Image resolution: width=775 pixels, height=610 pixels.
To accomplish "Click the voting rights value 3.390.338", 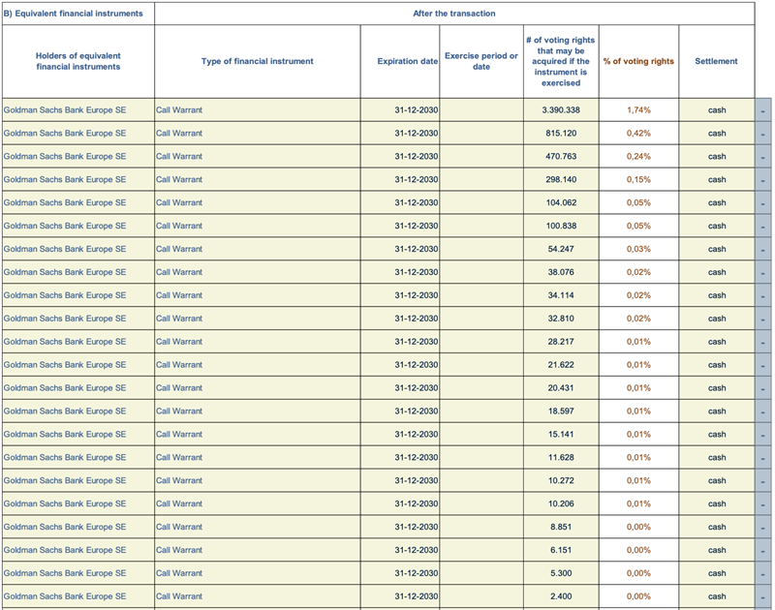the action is click(x=561, y=110).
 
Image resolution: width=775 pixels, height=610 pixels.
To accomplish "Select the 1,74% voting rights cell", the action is click(x=638, y=110).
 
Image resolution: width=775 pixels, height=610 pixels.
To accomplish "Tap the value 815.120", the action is click(x=561, y=134).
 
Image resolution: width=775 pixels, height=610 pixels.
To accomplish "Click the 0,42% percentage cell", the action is click(x=638, y=134).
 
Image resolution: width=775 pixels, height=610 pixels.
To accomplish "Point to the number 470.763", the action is click(x=561, y=157).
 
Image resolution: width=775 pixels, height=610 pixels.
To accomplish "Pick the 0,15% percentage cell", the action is click(x=638, y=180).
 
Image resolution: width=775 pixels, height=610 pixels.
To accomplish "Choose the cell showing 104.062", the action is click(x=561, y=203).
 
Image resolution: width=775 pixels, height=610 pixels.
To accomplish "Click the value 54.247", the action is click(x=561, y=249).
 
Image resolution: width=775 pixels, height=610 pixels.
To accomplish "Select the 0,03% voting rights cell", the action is click(x=638, y=249).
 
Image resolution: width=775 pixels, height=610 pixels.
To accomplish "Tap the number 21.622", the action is click(x=561, y=365).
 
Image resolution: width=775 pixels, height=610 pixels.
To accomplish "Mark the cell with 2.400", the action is click(x=561, y=596).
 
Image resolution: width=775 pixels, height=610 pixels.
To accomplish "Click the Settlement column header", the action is click(x=716, y=61).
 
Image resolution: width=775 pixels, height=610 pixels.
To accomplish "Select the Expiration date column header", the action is click(x=407, y=61).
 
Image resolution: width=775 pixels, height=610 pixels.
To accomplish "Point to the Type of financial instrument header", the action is click(x=257, y=61).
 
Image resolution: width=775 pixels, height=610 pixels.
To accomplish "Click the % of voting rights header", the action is click(x=638, y=61).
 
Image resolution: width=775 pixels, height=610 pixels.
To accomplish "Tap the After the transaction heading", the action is click(x=454, y=14).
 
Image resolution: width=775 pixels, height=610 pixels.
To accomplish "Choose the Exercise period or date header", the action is click(x=481, y=61).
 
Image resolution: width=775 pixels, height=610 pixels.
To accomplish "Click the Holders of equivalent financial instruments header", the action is click(x=78, y=61).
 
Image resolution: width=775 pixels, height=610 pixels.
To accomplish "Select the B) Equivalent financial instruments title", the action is click(x=74, y=14).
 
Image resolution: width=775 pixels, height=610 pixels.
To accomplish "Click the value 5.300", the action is click(x=561, y=573).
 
